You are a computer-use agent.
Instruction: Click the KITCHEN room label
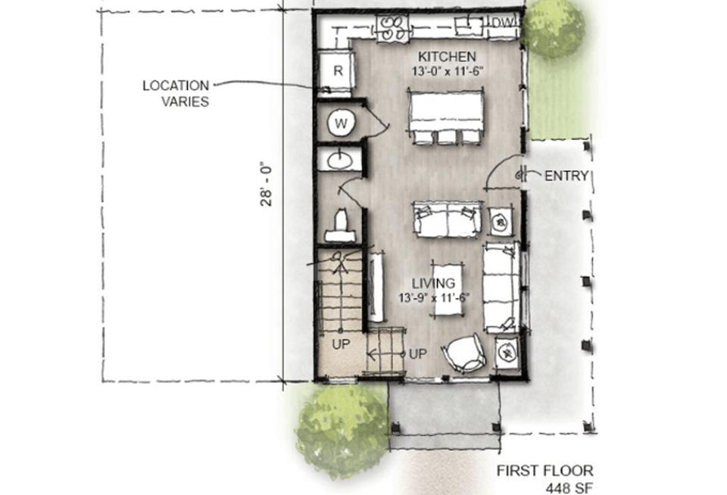447,57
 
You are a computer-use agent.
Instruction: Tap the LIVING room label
433,283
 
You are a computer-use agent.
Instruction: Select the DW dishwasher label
502,22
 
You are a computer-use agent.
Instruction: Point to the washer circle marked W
341,124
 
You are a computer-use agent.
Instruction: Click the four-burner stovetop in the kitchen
392,28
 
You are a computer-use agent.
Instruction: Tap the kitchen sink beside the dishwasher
468,25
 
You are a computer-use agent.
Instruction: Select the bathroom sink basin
340,160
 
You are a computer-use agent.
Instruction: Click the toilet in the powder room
342,226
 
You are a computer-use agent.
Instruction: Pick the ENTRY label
566,176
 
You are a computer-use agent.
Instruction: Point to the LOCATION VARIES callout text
176,93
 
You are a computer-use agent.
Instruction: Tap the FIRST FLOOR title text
544,471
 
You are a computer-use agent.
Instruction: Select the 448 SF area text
569,488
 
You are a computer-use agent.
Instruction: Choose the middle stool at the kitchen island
447,137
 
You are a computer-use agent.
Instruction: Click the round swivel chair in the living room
463,353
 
